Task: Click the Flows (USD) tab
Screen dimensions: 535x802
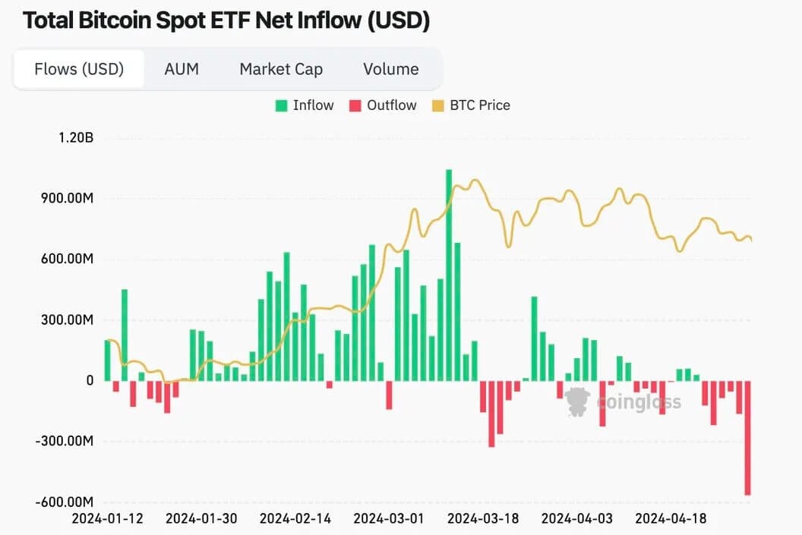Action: point(79,69)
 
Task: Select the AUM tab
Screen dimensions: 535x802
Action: point(182,69)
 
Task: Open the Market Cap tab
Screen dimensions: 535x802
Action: point(281,69)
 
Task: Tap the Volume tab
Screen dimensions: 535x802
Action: point(390,69)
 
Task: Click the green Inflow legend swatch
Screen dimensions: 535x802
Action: point(281,105)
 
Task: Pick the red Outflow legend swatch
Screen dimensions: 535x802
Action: point(355,105)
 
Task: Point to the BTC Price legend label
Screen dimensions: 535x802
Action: point(479,105)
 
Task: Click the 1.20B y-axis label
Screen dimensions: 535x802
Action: point(75,138)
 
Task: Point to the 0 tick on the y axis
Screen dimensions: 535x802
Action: point(90,381)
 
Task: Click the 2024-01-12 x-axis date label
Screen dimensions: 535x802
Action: point(107,519)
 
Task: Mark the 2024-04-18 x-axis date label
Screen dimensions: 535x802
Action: point(671,519)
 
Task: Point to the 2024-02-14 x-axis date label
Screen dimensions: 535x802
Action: point(295,519)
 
